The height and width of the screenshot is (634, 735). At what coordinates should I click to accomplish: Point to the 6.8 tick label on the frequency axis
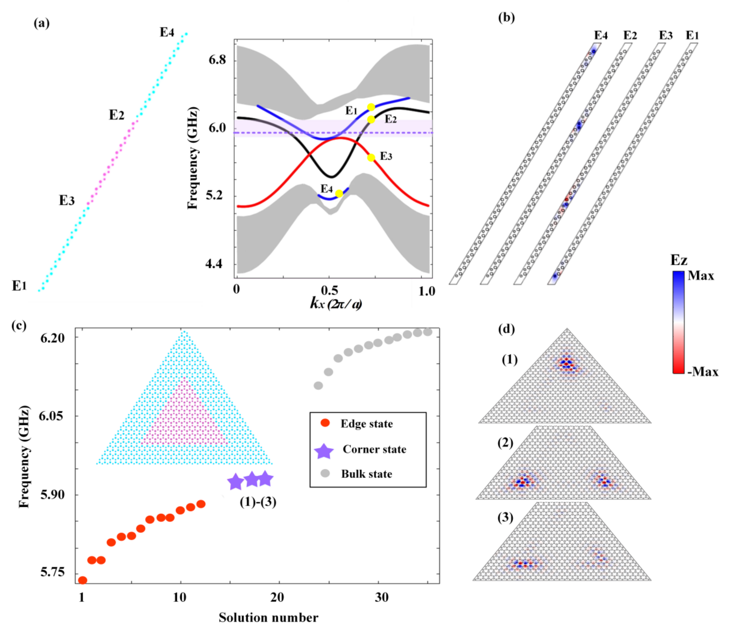click(217, 60)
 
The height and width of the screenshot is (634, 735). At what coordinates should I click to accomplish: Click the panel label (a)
click(41, 23)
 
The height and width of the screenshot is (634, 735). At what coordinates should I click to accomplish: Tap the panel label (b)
click(506, 17)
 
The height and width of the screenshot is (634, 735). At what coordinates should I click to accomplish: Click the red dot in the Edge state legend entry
click(325, 423)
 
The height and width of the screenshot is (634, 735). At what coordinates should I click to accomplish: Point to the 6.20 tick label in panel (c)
click(52, 338)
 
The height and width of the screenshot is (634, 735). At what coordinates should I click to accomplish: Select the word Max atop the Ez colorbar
click(701, 276)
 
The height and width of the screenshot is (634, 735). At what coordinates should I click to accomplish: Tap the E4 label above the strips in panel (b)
click(601, 35)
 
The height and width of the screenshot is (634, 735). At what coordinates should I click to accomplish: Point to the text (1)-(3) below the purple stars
click(258, 502)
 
